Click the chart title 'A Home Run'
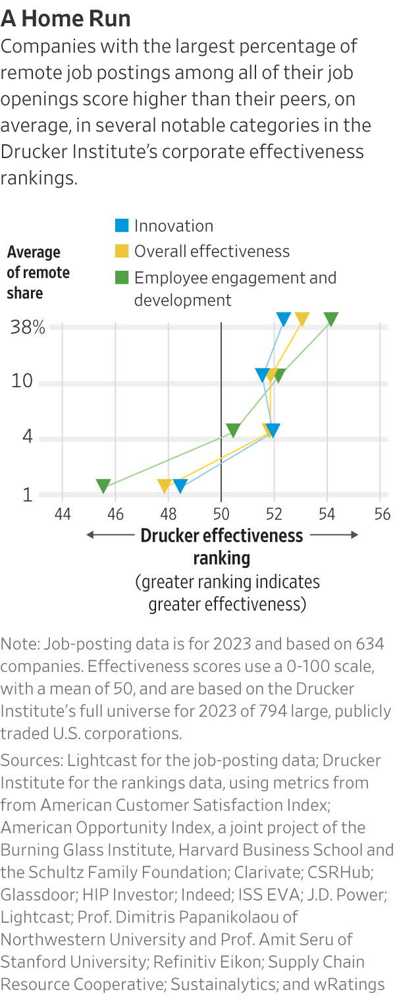tap(66, 18)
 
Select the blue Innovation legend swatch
tap(121, 226)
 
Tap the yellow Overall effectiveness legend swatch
tap(121, 251)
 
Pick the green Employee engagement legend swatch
tap(121, 277)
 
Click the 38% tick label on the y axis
tap(28, 327)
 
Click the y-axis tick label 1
tap(28, 495)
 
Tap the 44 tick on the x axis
tap(62, 513)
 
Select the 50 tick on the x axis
tap(221, 513)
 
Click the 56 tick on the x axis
tap(381, 513)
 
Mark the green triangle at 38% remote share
tap(331, 319)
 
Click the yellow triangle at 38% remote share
tap(302, 319)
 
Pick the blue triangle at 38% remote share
tap(283, 319)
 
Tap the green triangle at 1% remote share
tap(103, 486)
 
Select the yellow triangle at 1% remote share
tap(165, 486)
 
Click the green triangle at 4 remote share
tap(232, 430)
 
